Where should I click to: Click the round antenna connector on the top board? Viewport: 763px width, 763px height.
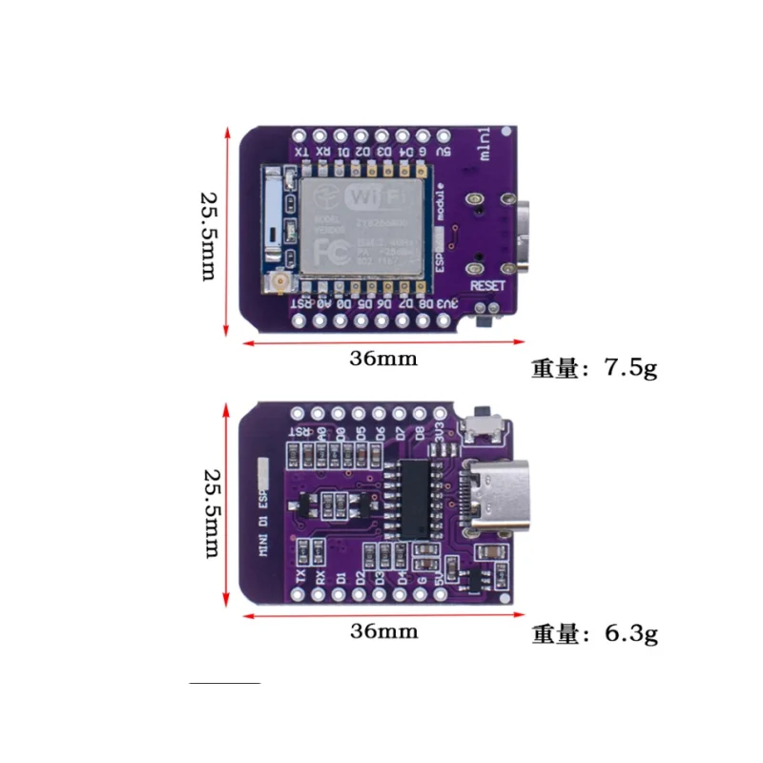[282, 283]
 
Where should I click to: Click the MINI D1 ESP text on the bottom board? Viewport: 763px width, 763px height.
[260, 524]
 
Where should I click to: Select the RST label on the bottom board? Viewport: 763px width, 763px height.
[299, 432]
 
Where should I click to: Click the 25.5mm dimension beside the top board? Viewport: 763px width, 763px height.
[210, 233]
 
